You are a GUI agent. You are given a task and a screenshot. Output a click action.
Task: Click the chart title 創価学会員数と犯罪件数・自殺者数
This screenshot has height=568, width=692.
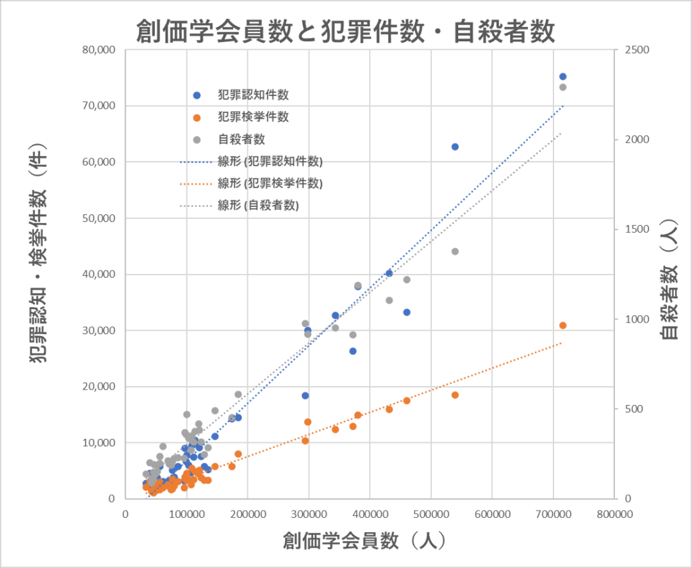point(345,30)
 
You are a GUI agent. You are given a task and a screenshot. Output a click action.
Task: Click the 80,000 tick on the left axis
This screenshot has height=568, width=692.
point(98,50)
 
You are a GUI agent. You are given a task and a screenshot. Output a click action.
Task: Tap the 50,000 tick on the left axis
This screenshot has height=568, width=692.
point(98,218)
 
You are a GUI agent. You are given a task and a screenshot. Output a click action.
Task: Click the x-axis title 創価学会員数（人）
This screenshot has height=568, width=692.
point(364,540)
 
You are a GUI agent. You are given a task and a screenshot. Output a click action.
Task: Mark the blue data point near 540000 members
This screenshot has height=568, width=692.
point(455,147)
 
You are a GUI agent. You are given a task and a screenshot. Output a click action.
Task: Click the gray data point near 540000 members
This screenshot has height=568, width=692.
point(455,252)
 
